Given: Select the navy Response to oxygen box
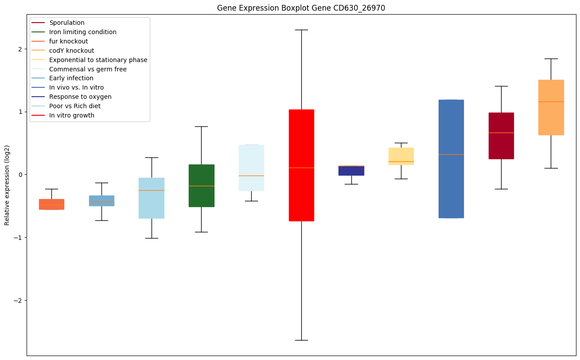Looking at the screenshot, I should [x=351, y=170].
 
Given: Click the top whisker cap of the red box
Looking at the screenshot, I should [x=301, y=30].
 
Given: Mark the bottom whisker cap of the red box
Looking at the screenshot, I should [x=301, y=340].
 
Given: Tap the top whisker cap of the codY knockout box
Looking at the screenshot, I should [x=551, y=59].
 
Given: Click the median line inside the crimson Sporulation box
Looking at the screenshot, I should [x=501, y=133].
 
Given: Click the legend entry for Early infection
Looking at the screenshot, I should [x=71, y=78].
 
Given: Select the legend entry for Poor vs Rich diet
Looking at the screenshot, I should [x=75, y=106].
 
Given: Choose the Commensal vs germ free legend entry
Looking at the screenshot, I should [x=88, y=69].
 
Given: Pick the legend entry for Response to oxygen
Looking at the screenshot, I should [x=80, y=97].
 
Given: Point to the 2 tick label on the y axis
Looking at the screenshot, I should [x=19, y=49].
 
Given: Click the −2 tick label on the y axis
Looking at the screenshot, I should [x=18, y=301].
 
